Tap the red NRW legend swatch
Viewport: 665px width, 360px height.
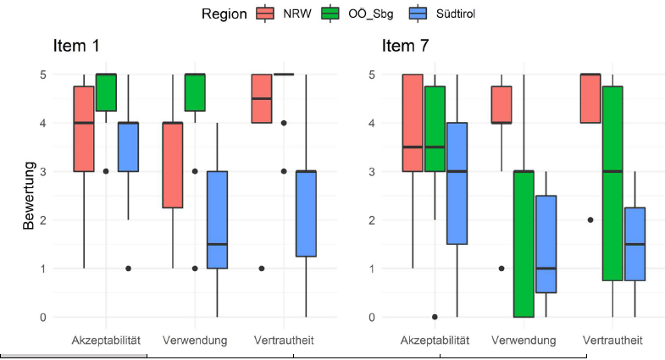265,14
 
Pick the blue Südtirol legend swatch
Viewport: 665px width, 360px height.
418,14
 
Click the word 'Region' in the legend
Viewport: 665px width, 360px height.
224,14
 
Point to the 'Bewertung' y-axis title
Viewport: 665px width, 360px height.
30,195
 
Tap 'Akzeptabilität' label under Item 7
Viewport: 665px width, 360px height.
435,341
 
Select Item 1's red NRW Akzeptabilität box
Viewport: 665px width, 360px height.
84,129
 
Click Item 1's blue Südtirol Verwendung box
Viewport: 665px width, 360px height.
217,220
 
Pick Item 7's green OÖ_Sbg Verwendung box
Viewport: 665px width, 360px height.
524,244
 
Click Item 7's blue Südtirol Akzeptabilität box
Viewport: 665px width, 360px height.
457,183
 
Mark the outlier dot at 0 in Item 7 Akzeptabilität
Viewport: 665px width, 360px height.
435,317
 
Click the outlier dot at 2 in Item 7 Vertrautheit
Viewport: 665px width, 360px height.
590,219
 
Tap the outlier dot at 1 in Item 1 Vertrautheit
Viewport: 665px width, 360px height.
262,269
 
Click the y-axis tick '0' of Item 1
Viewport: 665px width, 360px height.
42,317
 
